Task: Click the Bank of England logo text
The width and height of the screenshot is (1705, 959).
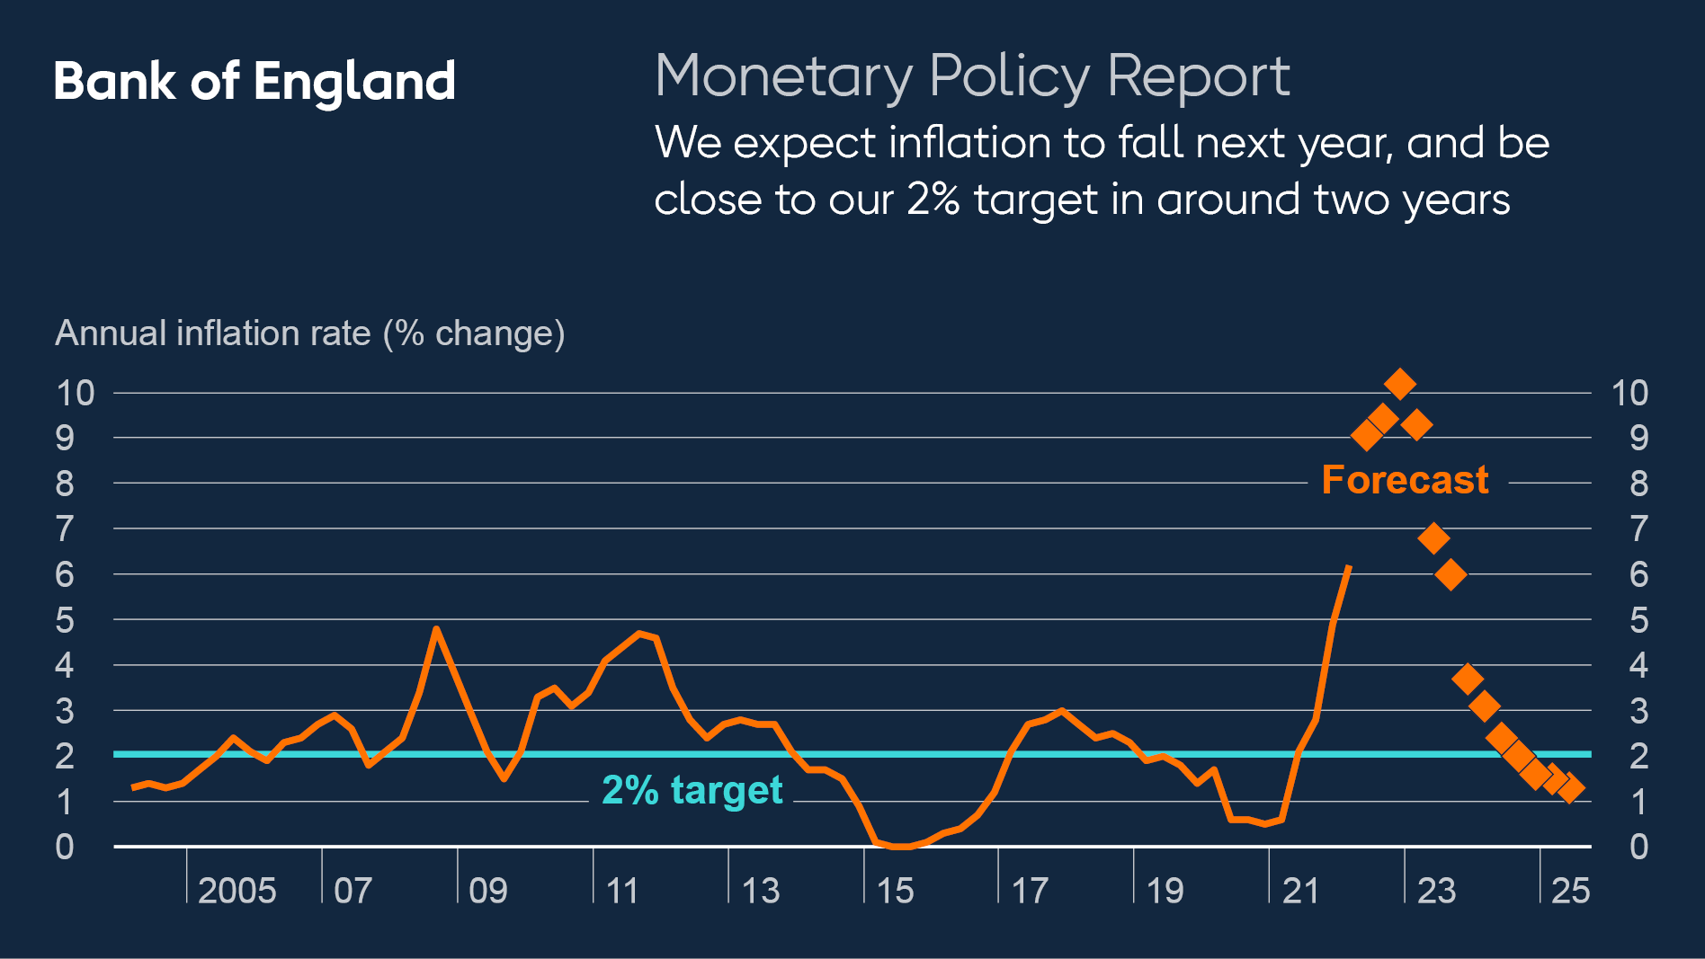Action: (x=254, y=82)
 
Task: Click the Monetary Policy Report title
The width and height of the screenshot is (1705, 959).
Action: (x=972, y=75)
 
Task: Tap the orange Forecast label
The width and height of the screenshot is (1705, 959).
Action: (x=1405, y=480)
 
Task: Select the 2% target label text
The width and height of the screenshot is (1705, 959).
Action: (x=692, y=790)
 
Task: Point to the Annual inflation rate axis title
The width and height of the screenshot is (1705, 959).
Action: (x=309, y=333)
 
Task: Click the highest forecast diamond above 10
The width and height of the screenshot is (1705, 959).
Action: (x=1399, y=384)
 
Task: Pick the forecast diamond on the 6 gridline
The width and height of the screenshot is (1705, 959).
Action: (x=1451, y=573)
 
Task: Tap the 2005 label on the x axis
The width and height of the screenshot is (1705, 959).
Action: (x=237, y=891)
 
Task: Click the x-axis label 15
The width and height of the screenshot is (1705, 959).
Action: (x=895, y=891)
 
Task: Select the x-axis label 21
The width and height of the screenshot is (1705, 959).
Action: (x=1300, y=891)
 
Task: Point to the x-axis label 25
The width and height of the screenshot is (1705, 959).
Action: (x=1570, y=891)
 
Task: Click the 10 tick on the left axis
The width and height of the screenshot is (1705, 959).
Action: (x=75, y=393)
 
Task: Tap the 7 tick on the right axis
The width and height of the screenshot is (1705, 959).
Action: (x=1638, y=528)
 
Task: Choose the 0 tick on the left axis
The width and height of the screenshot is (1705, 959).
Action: (x=65, y=847)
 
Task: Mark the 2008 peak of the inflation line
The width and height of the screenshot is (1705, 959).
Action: (x=436, y=629)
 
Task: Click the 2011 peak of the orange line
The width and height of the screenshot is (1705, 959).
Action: (x=639, y=634)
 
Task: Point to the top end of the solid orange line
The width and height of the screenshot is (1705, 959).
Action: (x=1348, y=568)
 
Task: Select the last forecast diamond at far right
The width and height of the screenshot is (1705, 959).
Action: (x=1570, y=789)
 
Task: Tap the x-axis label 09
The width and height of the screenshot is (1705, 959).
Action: (x=487, y=891)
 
